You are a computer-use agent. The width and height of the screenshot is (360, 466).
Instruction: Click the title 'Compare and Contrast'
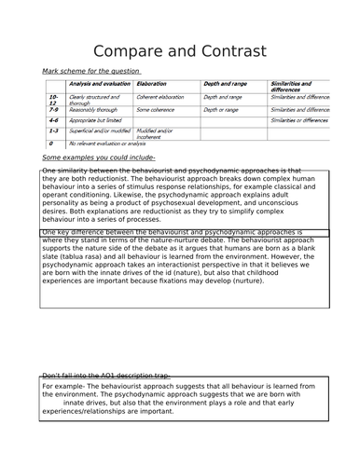(180, 48)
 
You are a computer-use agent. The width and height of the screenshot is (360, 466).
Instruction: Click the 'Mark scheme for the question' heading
(91, 71)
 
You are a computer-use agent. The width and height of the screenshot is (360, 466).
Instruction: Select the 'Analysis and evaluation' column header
(99, 84)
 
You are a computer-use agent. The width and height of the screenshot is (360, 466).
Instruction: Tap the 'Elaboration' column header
(158, 84)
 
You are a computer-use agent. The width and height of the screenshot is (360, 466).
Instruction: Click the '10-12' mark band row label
(53, 100)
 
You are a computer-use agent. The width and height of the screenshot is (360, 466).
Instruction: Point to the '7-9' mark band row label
(54, 110)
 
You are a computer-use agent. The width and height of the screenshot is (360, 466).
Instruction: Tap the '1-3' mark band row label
(54, 132)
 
